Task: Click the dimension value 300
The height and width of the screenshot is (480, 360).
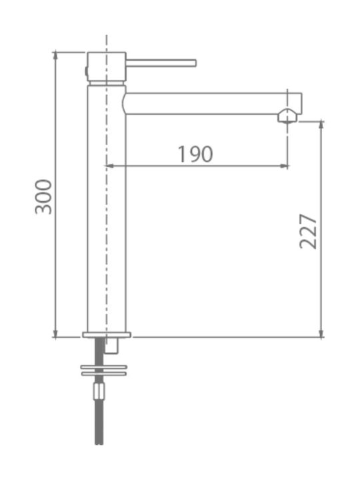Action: pyautogui.click(x=43, y=197)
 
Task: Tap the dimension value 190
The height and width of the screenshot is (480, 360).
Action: pyautogui.click(x=195, y=154)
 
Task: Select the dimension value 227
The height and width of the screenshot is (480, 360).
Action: pyautogui.click(x=308, y=231)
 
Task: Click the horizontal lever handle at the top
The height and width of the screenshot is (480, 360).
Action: pyautogui.click(x=161, y=63)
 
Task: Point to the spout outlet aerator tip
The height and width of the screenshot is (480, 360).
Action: pyautogui.click(x=287, y=116)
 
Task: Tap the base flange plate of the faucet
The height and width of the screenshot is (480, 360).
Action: pyautogui.click(x=107, y=335)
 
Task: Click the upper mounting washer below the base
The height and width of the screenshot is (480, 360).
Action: pyautogui.click(x=104, y=367)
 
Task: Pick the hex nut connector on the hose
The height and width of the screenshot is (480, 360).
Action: pyautogui.click(x=99, y=391)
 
